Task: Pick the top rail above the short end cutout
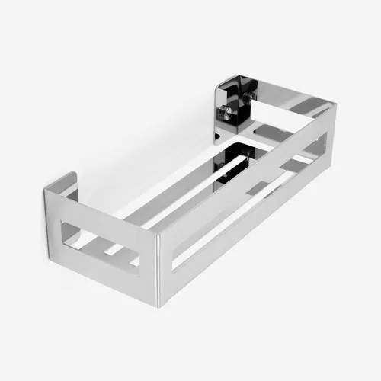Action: point(107,213)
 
